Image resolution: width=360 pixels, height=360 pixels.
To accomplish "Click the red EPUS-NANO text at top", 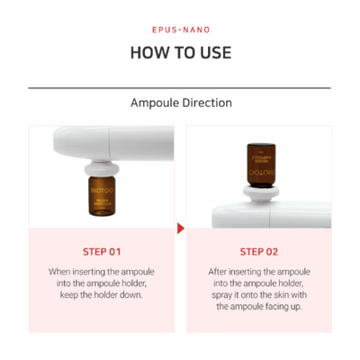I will coord(180,29).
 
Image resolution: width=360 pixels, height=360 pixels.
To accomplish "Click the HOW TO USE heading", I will coord(180,51).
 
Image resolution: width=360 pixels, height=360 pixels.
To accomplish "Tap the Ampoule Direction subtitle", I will coord(180,103).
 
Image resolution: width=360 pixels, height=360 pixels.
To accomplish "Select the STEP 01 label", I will coord(102,251).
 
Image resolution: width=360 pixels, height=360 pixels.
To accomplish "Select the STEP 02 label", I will coord(258,251).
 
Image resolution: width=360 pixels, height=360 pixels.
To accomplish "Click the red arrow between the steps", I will coord(180,228).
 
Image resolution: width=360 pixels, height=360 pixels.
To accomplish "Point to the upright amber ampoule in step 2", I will coord(256,162).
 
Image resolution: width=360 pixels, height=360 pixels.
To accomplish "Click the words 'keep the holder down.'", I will coord(102,295).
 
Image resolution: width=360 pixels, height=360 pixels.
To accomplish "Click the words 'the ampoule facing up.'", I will coord(258,307).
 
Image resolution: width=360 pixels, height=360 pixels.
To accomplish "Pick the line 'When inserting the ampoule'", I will coord(102,271).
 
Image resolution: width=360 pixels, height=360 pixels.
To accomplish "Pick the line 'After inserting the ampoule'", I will coord(258,271).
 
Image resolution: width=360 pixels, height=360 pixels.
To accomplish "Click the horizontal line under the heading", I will coord(180,88).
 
